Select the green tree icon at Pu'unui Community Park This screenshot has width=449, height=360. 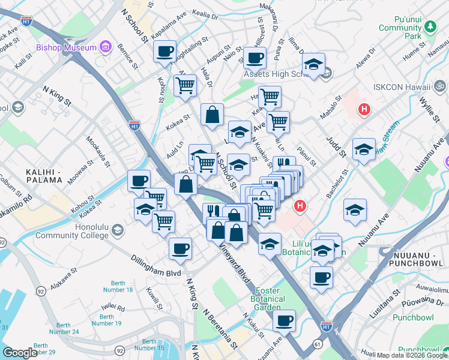coord(430,27)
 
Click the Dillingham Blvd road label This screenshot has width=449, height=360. coord(156,265)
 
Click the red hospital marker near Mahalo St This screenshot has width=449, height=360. coord(363,109)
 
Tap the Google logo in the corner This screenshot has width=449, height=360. coord(20,352)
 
